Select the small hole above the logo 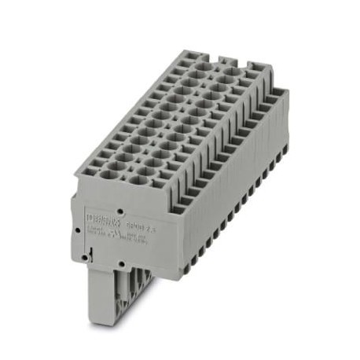119,211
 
